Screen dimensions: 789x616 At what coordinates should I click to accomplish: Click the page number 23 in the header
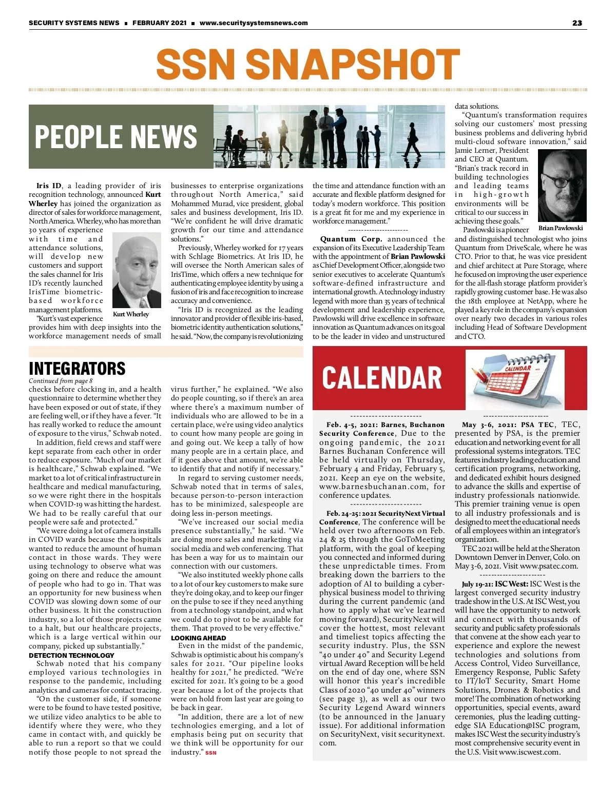coord(577,23)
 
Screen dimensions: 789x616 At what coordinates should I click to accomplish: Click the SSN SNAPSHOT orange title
coord(308,64)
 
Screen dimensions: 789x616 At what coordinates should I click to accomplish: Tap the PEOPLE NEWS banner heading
coord(116,136)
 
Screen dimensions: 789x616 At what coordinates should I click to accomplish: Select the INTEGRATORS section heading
coord(77,369)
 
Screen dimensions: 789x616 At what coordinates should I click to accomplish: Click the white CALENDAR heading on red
coord(382,377)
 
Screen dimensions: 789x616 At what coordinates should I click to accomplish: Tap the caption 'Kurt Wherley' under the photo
coord(131,314)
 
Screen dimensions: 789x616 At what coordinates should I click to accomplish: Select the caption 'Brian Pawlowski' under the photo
coord(561,228)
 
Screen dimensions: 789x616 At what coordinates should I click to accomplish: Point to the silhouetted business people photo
coord(329,136)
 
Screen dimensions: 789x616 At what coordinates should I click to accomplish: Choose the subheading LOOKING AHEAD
coord(198,638)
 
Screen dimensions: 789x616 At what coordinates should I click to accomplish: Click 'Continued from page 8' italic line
coord(61,381)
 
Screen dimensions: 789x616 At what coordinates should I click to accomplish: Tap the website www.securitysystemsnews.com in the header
coord(254,23)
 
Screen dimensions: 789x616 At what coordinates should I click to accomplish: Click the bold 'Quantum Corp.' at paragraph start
coord(351,239)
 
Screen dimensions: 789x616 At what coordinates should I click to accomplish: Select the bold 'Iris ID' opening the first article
coord(49,186)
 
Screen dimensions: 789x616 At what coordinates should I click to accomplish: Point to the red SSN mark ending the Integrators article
coord(210,753)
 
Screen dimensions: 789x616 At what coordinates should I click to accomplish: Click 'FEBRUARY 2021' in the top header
coord(159,23)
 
